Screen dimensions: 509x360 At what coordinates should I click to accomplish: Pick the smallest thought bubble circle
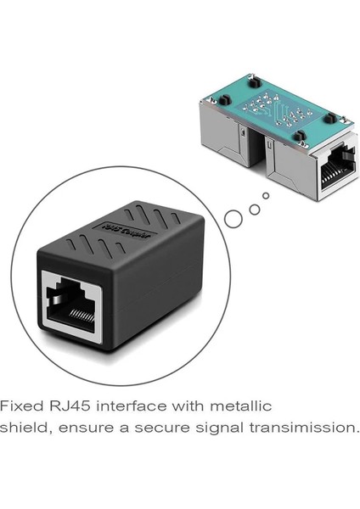pos(267,196)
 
